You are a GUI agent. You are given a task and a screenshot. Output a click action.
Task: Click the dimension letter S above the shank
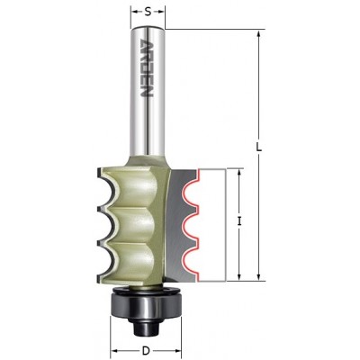click(x=148, y=12)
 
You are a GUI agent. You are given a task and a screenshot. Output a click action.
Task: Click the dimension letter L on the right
click(x=259, y=147)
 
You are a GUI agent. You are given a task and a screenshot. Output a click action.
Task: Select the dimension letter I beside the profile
click(x=239, y=221)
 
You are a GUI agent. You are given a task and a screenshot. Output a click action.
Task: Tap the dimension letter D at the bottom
click(x=146, y=350)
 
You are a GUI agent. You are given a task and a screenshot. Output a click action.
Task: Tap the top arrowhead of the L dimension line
click(x=259, y=34)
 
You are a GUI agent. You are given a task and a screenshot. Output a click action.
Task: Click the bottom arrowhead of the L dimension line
click(x=259, y=276)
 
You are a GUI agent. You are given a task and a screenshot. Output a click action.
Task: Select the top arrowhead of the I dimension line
click(x=239, y=173)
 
